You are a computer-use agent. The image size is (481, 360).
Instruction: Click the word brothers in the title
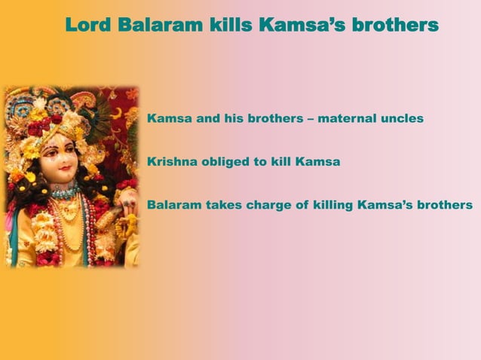tap(397, 26)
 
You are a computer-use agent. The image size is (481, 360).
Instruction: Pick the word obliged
tap(227, 161)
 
